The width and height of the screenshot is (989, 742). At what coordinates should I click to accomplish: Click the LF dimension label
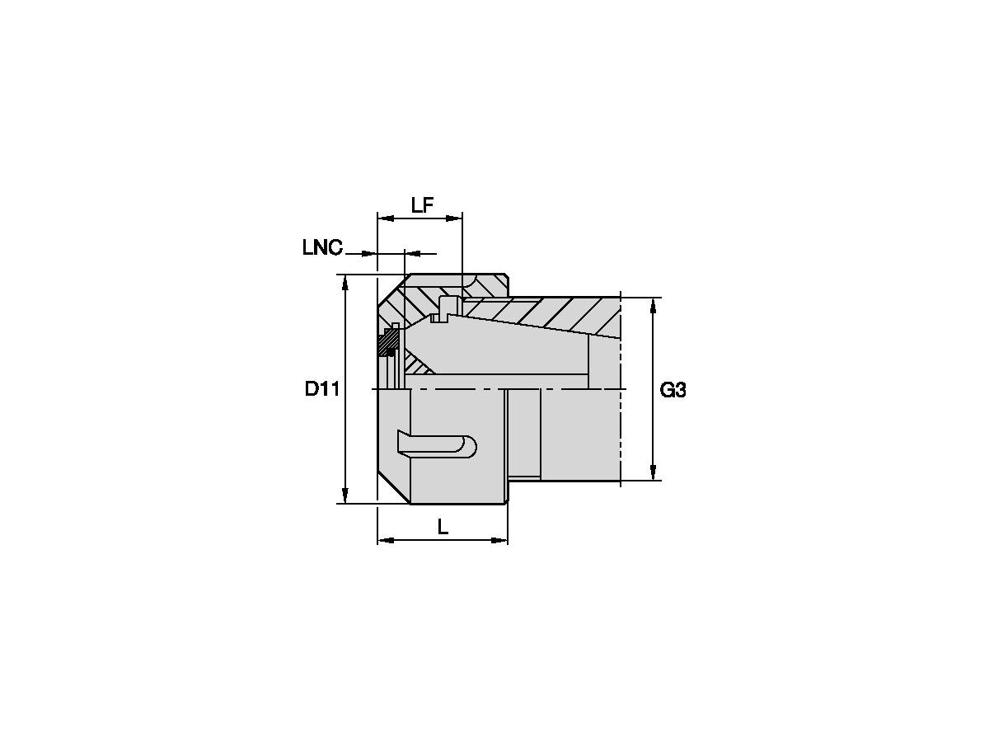422,205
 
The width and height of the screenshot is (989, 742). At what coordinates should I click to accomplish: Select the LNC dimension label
322,248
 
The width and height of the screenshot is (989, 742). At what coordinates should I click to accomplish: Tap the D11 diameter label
321,388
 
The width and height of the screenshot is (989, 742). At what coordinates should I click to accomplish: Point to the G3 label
673,390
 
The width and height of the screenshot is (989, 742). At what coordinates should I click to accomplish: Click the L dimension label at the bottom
443,527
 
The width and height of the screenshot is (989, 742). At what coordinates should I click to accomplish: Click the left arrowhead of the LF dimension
386,218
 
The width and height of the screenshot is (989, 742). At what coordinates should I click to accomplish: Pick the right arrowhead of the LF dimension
454,218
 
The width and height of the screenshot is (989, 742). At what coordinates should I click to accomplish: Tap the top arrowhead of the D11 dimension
345,283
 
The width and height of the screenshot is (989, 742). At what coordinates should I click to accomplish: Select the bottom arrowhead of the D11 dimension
345,495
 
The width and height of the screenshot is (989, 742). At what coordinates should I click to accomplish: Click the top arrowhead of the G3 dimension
654,306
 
